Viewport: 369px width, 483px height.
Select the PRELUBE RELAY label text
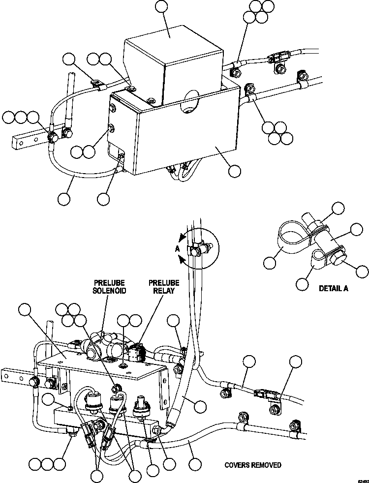164,286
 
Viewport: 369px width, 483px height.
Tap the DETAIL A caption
333,288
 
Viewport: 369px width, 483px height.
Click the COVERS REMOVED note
253,465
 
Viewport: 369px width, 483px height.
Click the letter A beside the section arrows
177,249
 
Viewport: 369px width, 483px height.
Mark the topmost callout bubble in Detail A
338,208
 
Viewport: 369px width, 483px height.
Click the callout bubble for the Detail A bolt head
362,271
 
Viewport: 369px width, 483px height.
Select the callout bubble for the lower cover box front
235,171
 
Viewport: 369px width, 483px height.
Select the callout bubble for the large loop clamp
269,262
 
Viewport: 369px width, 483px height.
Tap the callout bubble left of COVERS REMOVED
195,464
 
